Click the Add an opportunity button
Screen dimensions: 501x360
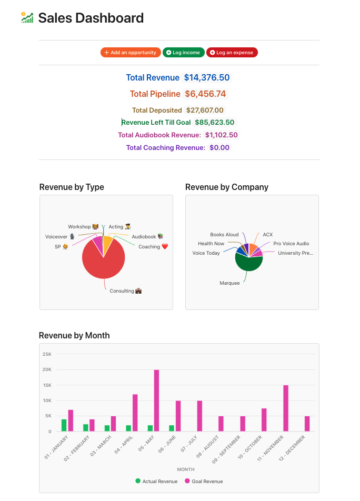point(131,53)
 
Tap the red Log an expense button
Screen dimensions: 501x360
point(232,53)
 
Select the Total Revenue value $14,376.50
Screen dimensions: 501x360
point(206,77)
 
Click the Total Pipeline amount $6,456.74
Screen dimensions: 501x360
point(205,94)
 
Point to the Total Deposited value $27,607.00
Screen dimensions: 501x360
point(204,110)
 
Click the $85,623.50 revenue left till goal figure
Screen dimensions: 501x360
point(215,123)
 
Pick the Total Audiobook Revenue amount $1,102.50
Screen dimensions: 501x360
point(222,135)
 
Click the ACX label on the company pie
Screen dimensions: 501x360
point(268,235)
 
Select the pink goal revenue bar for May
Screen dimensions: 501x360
point(156,400)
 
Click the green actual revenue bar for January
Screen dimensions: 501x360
point(64,425)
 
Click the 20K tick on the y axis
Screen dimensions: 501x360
point(47,369)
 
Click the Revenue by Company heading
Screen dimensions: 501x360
point(227,187)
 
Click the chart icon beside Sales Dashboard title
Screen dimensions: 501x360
point(27,18)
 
